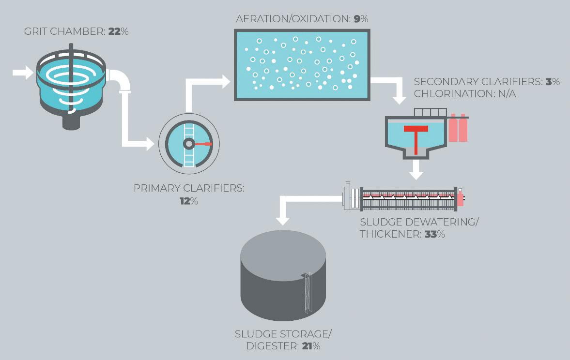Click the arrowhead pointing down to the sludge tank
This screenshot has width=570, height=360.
tap(283, 219)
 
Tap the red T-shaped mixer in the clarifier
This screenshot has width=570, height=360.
tap(416, 135)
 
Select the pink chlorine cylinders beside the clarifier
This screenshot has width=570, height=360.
tap(458, 128)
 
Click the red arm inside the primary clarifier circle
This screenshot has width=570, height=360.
tap(203, 144)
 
